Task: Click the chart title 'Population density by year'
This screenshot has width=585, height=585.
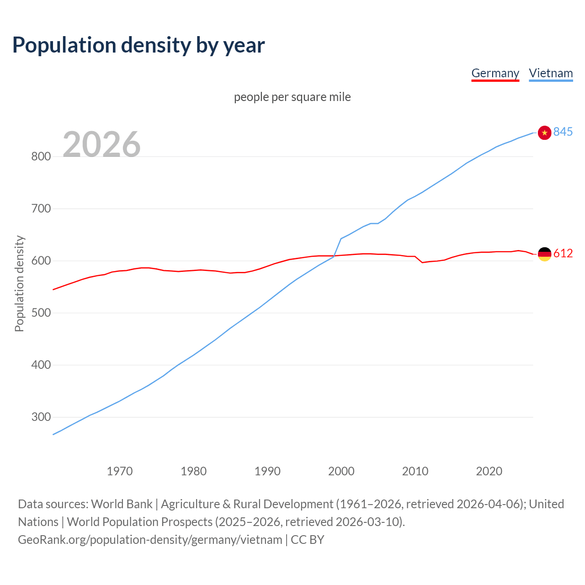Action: click(138, 45)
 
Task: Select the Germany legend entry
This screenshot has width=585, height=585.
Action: click(495, 73)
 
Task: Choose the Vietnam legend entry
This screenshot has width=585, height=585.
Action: click(551, 73)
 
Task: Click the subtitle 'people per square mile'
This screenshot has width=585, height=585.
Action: click(292, 97)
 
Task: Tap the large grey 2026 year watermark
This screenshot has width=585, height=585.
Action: click(101, 144)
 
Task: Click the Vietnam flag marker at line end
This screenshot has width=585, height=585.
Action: click(544, 133)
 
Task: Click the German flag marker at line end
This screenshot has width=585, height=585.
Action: click(544, 254)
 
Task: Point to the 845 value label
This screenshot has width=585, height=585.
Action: click(563, 132)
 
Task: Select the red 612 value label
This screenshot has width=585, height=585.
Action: click(563, 254)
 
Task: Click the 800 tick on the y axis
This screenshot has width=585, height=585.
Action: click(41, 157)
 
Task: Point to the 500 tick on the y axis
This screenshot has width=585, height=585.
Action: click(41, 313)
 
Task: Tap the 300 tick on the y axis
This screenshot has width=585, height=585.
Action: click(41, 417)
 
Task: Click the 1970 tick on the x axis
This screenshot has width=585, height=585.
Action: click(120, 471)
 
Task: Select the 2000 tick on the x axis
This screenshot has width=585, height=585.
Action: click(341, 471)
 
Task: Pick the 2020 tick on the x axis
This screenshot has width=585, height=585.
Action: click(489, 471)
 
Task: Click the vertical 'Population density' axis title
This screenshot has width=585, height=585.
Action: click(19, 283)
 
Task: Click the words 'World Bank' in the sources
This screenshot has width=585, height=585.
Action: click(122, 504)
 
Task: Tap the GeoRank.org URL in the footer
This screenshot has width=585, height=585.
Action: click(150, 540)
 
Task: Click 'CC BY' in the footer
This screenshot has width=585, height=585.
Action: click(308, 540)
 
